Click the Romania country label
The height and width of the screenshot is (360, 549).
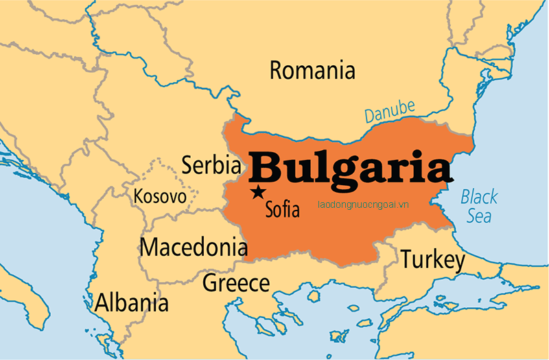[312, 71]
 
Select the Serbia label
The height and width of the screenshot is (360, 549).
[211, 165]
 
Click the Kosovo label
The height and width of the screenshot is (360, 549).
[160, 197]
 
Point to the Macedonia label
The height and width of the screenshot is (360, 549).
[194, 247]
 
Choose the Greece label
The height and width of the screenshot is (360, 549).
[236, 283]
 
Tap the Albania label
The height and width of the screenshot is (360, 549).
[132, 302]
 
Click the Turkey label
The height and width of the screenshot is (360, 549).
[433, 260]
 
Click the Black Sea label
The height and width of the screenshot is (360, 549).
[478, 206]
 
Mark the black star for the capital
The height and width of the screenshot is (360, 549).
[258, 192]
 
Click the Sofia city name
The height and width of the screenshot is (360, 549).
[282, 208]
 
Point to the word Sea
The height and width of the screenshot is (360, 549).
[479, 216]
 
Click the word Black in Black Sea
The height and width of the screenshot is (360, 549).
[478, 197]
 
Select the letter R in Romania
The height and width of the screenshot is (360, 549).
[277, 71]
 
